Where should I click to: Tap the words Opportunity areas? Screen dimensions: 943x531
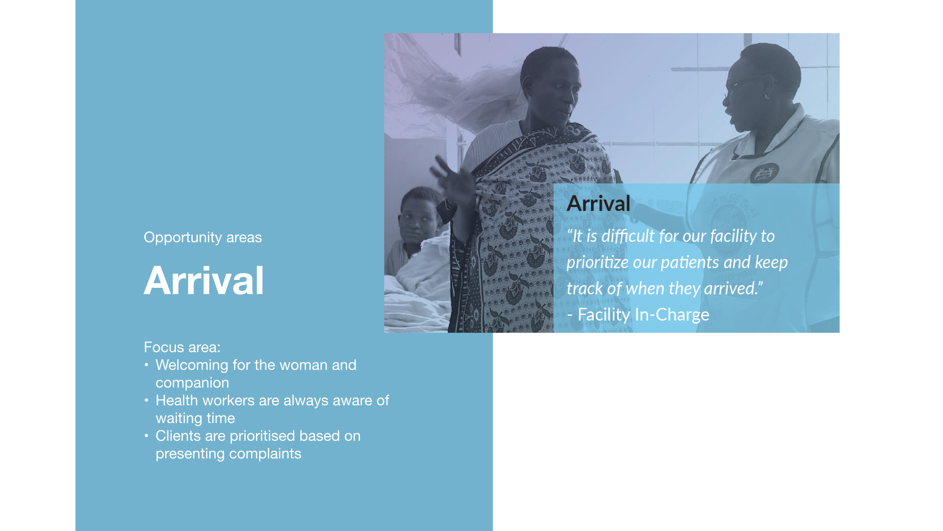202,238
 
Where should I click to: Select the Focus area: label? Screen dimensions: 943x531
182,347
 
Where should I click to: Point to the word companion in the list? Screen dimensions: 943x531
192,383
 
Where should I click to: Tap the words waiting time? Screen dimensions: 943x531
195,418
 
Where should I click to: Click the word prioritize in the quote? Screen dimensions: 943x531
597,263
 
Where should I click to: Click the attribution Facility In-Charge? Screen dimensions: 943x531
643,315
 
